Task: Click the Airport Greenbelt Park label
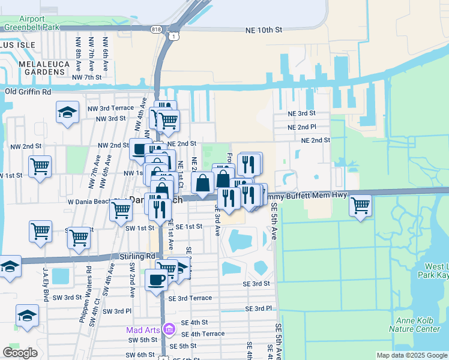click(x=40, y=23)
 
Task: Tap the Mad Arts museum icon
click(x=169, y=329)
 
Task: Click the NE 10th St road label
click(x=264, y=30)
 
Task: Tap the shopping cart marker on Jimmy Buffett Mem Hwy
click(x=360, y=205)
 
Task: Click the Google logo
click(x=20, y=352)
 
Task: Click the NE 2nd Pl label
click(x=301, y=127)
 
